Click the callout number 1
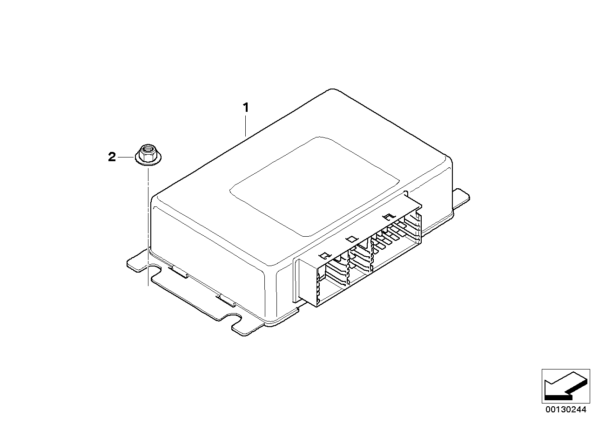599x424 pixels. point(245,108)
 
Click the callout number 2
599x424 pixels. point(112,157)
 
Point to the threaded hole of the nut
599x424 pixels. point(148,148)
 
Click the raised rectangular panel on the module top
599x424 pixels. point(315,186)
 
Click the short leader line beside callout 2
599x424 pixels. point(126,157)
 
